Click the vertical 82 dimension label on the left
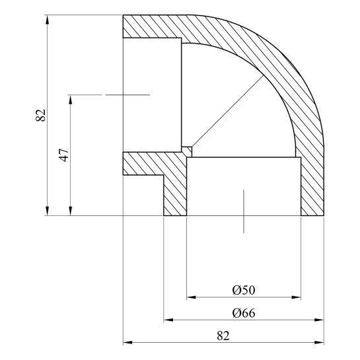point(41,115)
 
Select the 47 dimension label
point(64,155)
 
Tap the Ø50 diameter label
point(244,290)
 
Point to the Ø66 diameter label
point(244,313)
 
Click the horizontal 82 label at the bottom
point(223,336)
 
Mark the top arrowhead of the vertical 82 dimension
point(48,19)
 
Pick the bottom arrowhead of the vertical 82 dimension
point(48,211)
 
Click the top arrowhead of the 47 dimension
point(71,99)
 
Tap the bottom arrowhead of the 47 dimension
point(71,211)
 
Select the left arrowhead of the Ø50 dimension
point(192,297)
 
